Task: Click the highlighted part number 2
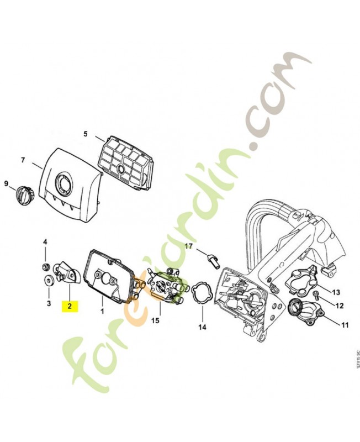pyautogui.click(x=70, y=306)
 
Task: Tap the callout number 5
pyautogui.click(x=86, y=134)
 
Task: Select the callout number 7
pyautogui.click(x=23, y=160)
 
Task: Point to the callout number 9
pyautogui.click(x=6, y=184)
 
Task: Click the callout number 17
pyautogui.click(x=188, y=246)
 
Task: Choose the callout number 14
pyautogui.click(x=202, y=327)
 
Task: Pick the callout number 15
pyautogui.click(x=155, y=320)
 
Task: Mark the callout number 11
pyautogui.click(x=345, y=325)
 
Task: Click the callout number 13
pyautogui.click(x=336, y=292)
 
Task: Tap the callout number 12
pyautogui.click(x=340, y=306)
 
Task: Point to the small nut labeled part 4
pyautogui.click(x=45, y=266)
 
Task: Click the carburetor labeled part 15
pyautogui.click(x=167, y=286)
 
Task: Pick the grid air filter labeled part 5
pyautogui.click(x=127, y=163)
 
